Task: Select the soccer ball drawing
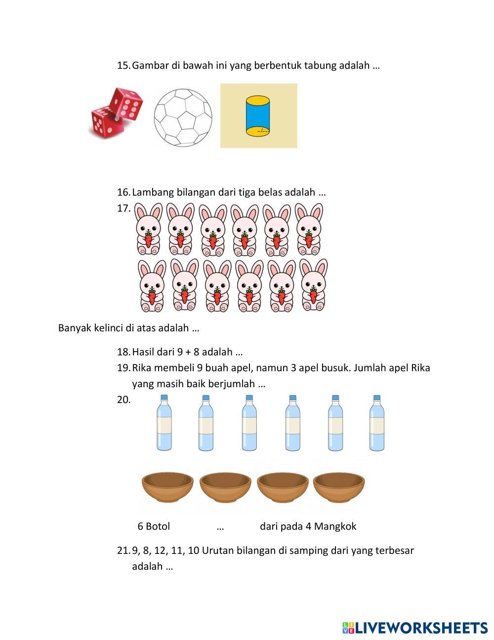183,118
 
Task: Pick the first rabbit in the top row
148,229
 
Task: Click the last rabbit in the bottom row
313,285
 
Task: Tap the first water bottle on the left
165,423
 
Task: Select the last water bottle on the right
377,423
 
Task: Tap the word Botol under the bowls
158,526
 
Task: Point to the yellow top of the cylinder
258,101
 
